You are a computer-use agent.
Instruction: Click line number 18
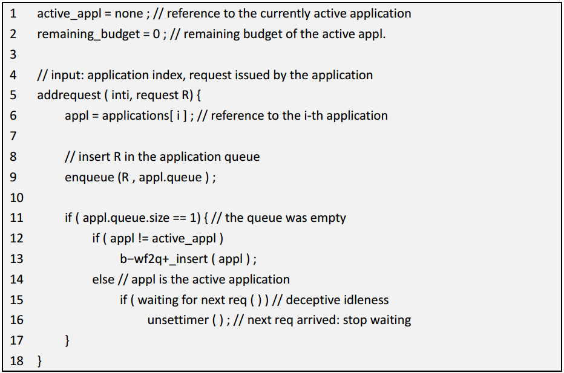16,361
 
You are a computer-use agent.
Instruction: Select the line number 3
13,54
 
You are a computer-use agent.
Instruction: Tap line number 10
16,197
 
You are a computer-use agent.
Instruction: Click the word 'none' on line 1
129,14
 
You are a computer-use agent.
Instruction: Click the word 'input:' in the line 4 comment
67,75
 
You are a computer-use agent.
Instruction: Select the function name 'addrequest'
69,96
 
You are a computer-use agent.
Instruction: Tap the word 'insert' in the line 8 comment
94,157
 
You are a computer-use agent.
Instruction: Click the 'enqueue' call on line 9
89,178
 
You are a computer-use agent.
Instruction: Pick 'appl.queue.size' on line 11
126,218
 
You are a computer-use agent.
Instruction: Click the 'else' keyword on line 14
103,279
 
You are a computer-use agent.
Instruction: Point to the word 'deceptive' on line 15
312,300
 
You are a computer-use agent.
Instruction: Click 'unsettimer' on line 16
178,320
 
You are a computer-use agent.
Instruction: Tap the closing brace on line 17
67,340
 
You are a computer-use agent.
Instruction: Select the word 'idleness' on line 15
366,300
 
